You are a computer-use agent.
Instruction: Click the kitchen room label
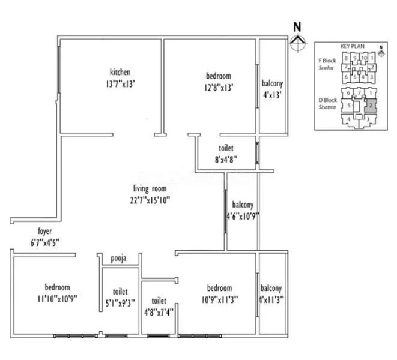(x=120, y=73)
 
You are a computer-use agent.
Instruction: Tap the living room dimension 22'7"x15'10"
(x=150, y=200)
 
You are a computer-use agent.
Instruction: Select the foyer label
(x=45, y=230)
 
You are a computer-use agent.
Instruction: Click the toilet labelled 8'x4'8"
(x=226, y=148)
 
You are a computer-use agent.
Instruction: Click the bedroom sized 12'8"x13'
(x=218, y=76)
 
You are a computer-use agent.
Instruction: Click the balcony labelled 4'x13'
(x=271, y=83)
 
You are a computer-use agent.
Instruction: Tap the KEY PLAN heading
(x=353, y=46)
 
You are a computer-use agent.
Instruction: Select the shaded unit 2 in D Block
(x=371, y=105)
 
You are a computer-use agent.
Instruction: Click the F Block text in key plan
(x=327, y=61)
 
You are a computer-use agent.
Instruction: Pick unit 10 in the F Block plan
(x=364, y=58)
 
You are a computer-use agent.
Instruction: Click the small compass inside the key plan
(x=380, y=50)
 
